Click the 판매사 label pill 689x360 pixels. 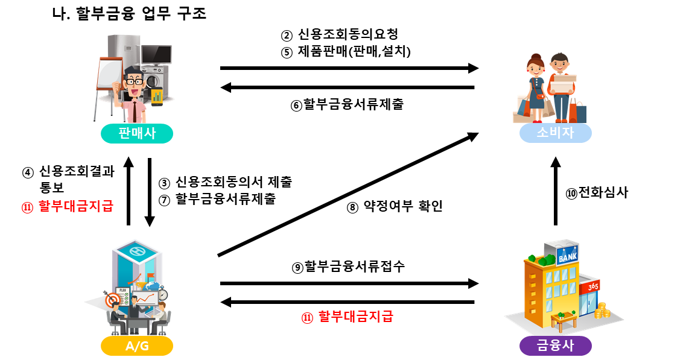[137, 133]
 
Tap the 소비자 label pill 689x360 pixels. [555, 133]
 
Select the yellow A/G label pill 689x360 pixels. [137, 346]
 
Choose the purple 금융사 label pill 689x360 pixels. [555, 346]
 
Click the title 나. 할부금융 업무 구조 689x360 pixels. [130, 13]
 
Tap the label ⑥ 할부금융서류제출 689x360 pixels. [347, 104]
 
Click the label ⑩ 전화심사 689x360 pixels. [597, 193]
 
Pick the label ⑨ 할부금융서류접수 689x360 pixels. [348, 266]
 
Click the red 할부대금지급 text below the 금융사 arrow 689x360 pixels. [348, 317]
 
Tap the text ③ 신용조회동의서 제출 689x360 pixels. [226, 182]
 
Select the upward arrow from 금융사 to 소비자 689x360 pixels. [556, 190]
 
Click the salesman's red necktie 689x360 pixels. [135, 109]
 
